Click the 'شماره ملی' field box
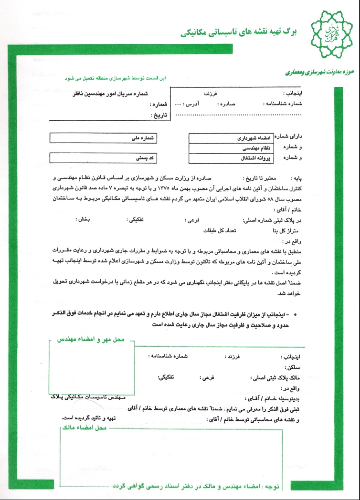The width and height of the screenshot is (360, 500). coord(105,137)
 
